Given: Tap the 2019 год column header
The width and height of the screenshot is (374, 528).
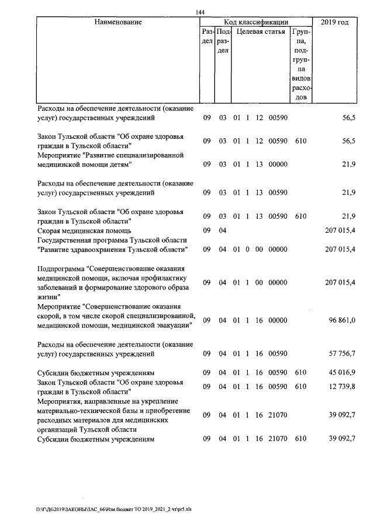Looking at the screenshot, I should pos(335,22).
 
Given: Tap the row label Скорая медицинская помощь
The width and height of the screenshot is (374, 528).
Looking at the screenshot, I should pos(84,230).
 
